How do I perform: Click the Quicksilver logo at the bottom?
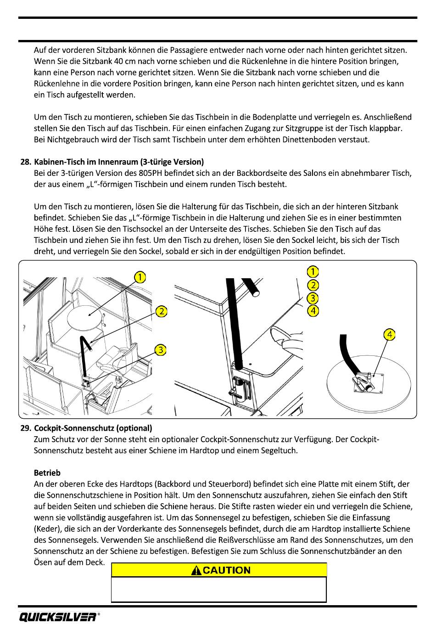coord(57,617)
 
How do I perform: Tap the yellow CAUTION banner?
coord(219,570)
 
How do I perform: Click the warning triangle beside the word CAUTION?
coord(197,570)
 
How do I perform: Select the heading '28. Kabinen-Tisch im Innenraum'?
coord(119,162)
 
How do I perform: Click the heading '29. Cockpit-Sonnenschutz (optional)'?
coord(93,428)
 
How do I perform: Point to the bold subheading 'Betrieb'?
coord(47,472)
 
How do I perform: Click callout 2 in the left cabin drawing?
coord(162,311)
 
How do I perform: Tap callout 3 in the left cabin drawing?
coord(160,350)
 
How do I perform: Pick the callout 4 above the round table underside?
coord(389,335)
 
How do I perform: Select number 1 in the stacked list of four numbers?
coord(313,272)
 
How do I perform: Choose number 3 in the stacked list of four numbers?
coord(313,298)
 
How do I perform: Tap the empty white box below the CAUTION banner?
coord(219,589)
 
